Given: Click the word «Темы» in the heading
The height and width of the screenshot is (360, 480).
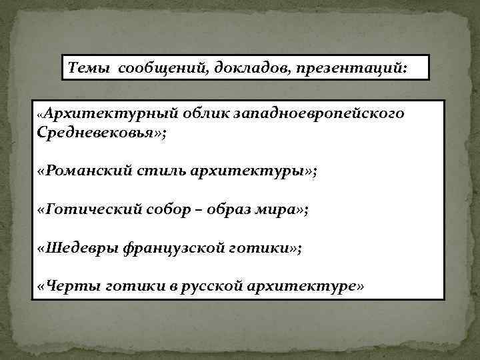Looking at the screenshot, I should (x=89, y=69).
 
